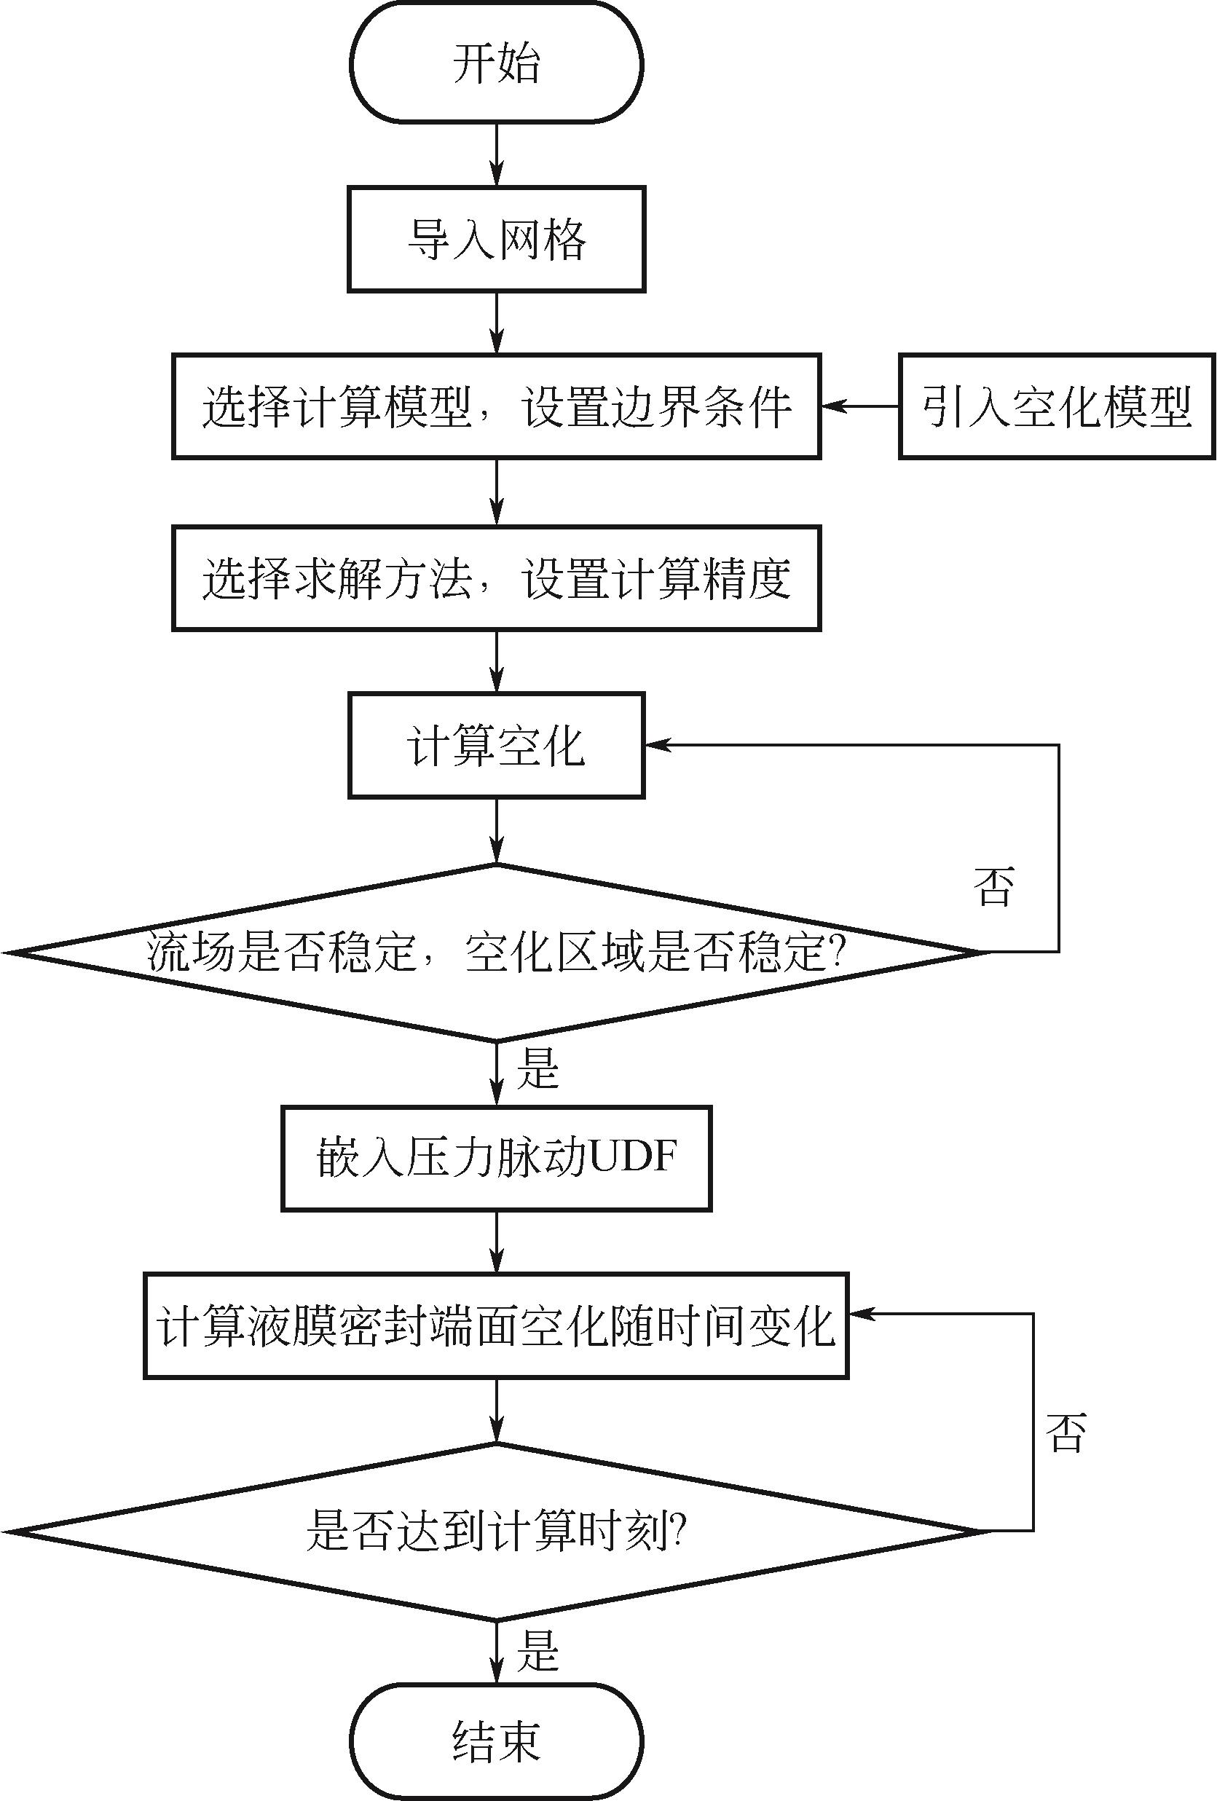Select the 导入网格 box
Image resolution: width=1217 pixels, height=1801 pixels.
496,239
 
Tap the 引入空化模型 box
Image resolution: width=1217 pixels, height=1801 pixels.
1057,407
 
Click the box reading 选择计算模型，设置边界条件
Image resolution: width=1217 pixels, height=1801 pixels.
496,407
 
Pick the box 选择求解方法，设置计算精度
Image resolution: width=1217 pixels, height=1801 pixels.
496,578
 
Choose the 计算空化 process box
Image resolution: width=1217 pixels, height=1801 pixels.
496,746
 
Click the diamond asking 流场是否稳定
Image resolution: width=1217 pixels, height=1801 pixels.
496,952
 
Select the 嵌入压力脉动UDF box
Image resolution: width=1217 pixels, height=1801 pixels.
496,1158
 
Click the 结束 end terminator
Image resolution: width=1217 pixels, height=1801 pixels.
496,1741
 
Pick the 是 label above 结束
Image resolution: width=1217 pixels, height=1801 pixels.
537,1651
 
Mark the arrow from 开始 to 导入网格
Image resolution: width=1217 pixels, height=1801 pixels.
496,154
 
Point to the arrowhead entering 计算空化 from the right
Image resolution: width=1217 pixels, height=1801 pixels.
658,746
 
